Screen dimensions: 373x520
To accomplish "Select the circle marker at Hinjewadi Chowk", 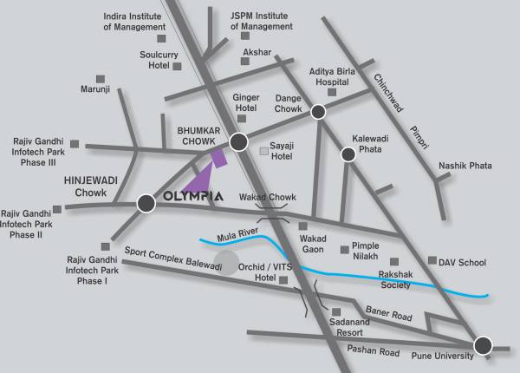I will click(x=146, y=204).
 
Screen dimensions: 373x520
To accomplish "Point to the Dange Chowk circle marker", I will click(x=319, y=111).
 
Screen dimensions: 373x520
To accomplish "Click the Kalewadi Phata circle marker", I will click(x=348, y=154).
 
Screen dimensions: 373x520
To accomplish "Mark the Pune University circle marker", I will click(x=483, y=344).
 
